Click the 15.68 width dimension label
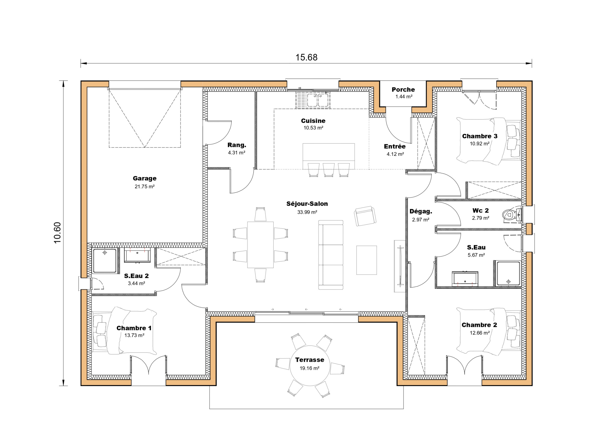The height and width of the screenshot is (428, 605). click(306, 57)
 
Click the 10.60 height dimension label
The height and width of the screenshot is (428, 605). click(57, 233)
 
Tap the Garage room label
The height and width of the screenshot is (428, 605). click(144, 178)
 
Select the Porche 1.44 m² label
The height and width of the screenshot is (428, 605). click(403, 93)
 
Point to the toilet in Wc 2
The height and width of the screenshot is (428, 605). click(511, 215)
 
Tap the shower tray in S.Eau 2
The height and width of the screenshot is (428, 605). click(105, 260)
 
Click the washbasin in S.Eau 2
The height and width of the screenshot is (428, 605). click(137, 255)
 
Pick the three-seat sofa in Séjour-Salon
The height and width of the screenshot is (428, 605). click(331, 255)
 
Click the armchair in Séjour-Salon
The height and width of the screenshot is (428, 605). click(365, 216)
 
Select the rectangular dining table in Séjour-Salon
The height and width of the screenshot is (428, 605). click(260, 244)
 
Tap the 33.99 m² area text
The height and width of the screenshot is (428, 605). click(307, 212)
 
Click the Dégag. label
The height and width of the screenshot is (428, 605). click(421, 211)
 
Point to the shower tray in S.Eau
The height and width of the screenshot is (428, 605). click(508, 273)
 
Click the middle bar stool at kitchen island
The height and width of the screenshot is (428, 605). click(328, 170)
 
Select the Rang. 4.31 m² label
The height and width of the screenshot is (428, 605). click(237, 149)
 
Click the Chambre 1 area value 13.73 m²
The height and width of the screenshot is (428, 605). click(134, 335)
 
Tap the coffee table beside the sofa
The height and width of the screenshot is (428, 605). click(366, 260)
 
